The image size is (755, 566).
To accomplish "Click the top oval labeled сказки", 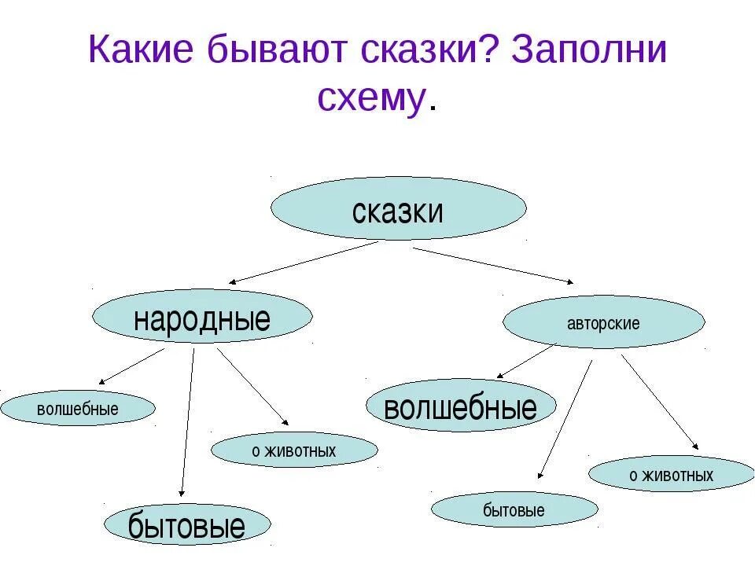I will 398,208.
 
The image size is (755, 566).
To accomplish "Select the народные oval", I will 202,318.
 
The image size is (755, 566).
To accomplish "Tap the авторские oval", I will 603,322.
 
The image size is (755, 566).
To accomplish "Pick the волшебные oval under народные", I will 77,409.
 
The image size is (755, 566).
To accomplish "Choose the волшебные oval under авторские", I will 461,406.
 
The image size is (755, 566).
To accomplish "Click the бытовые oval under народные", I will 186,525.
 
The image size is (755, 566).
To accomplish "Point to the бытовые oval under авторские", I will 514,510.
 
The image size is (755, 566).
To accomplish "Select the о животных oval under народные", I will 294,450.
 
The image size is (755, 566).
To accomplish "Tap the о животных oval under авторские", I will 671,474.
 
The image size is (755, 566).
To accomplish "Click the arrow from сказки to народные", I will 303,262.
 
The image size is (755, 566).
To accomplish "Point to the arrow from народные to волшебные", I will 131,366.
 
